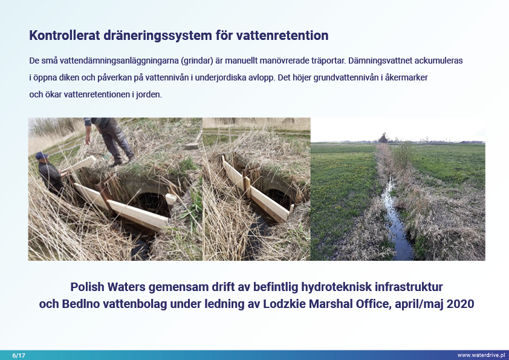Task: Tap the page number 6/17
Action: click(x=19, y=355)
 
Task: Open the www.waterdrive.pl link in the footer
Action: click(x=481, y=355)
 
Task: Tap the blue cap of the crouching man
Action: click(x=42, y=155)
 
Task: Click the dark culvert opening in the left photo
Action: click(x=152, y=204)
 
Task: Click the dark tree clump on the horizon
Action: click(x=383, y=138)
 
